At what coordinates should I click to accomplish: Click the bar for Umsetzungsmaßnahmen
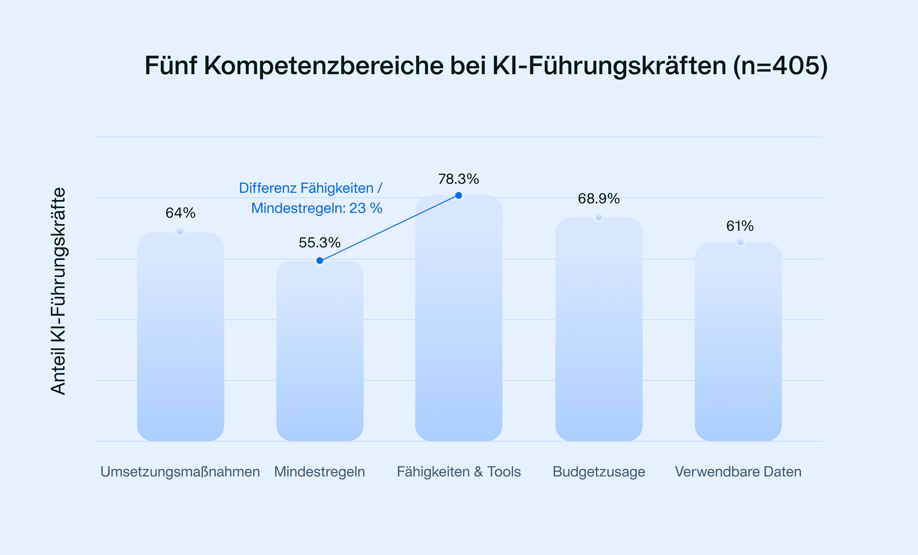(x=180, y=337)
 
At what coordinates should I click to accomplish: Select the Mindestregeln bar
(x=320, y=352)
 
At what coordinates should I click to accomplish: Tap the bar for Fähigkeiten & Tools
(x=459, y=318)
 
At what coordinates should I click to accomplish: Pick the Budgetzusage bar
(x=599, y=330)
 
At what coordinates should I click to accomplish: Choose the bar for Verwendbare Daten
(x=738, y=342)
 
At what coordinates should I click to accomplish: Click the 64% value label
(x=180, y=213)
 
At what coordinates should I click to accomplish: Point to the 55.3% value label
(x=319, y=243)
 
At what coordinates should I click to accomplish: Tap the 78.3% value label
(x=459, y=179)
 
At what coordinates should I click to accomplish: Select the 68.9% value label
(x=599, y=199)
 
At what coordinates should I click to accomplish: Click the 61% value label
(x=740, y=226)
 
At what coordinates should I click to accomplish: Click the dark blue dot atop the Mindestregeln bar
(x=320, y=261)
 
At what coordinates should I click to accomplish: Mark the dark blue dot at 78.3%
(x=459, y=195)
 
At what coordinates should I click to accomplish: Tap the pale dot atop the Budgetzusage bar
(x=599, y=217)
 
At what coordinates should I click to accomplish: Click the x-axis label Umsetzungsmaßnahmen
(x=180, y=472)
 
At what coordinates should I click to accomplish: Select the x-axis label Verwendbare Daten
(x=738, y=472)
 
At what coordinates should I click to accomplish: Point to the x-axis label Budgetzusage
(x=599, y=472)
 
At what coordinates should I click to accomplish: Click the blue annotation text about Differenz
(x=311, y=198)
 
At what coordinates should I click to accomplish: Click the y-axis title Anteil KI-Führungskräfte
(x=58, y=291)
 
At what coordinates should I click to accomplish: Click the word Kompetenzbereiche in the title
(x=324, y=66)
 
